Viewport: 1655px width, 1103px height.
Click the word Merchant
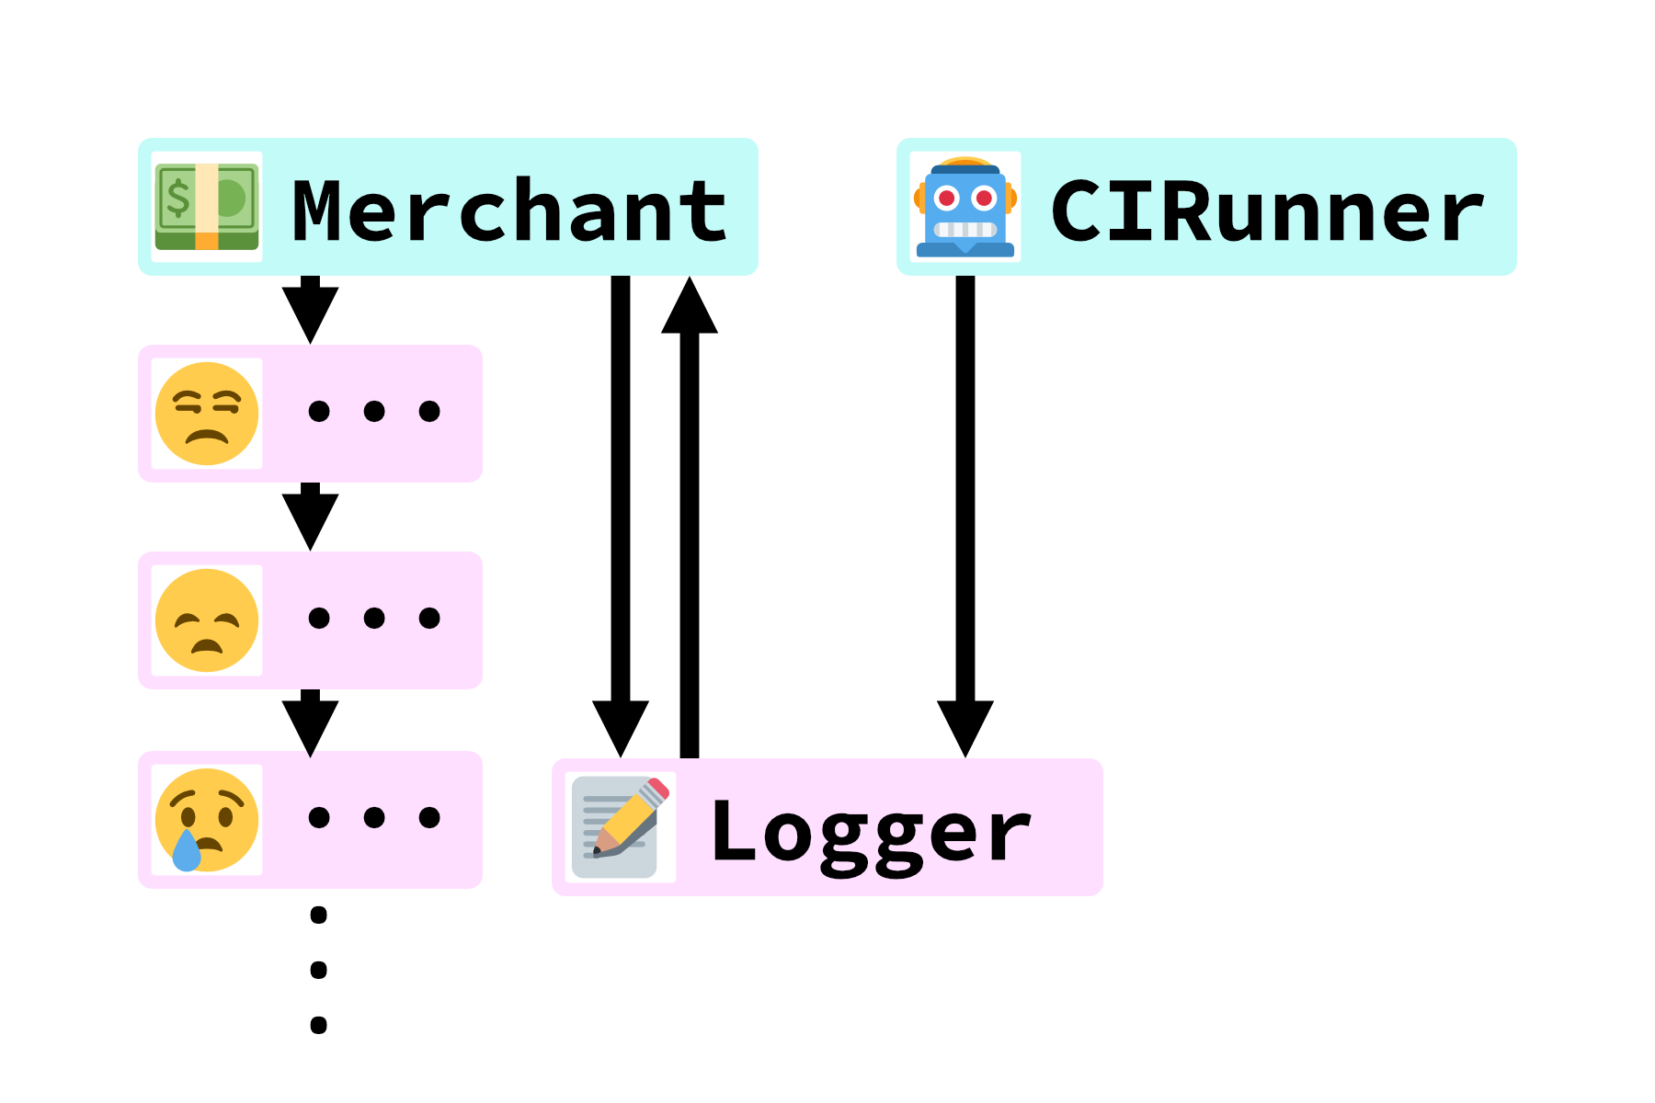[x=509, y=211]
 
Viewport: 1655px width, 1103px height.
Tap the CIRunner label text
[x=1267, y=211]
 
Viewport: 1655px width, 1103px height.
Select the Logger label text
[x=870, y=832]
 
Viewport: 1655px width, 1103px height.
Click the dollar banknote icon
[x=207, y=207]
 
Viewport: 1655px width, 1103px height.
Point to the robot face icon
[x=965, y=207]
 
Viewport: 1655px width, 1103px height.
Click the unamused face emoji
[x=207, y=414]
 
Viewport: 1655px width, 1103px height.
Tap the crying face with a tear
[x=207, y=820]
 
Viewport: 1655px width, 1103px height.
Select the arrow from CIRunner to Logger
[x=965, y=515]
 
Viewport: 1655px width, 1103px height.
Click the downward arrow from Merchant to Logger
[x=621, y=515]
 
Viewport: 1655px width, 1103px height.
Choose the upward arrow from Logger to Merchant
[x=690, y=515]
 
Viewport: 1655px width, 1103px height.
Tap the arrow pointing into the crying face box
[x=311, y=722]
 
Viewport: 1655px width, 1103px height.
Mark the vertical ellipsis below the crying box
[x=319, y=970]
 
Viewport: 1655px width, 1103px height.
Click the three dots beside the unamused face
[x=374, y=411]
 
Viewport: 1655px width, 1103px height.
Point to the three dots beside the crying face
[x=374, y=817]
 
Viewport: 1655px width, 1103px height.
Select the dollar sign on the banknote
[x=177, y=198]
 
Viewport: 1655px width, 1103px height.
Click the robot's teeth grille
[x=965, y=229]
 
